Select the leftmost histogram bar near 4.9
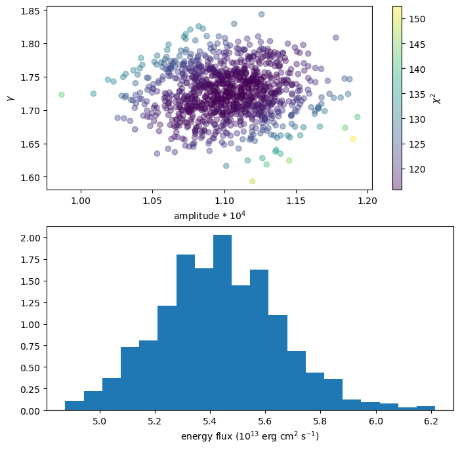pyautogui.click(x=74, y=405)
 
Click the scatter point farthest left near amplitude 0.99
pyautogui.click(x=62, y=94)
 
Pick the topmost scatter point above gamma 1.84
pyautogui.click(x=261, y=14)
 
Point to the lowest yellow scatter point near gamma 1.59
pyautogui.click(x=252, y=181)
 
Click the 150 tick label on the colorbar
pyautogui.click(x=416, y=19)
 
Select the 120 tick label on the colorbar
pyautogui.click(x=416, y=169)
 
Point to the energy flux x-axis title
pyautogui.click(x=250, y=436)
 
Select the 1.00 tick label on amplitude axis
pyautogui.click(x=81, y=200)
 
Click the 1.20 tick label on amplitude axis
pyautogui.click(x=367, y=200)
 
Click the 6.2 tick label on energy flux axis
pyautogui.click(x=432, y=420)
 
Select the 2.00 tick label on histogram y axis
pyautogui.click(x=31, y=237)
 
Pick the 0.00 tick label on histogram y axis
pyautogui.click(x=31, y=411)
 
